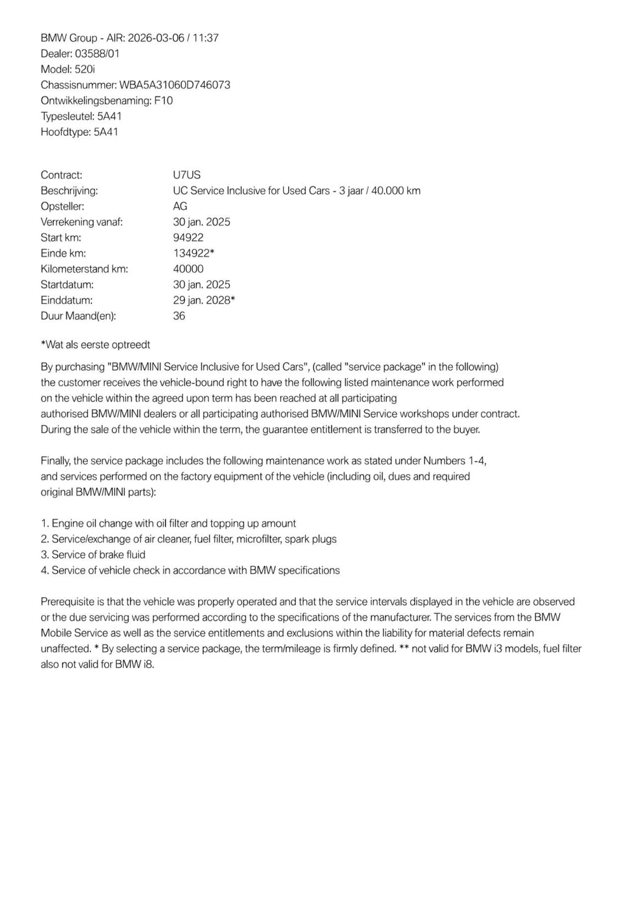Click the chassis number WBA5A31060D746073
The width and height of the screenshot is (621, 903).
point(175,85)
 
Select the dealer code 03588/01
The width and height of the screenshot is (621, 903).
point(97,53)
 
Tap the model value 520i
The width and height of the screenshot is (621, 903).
point(85,69)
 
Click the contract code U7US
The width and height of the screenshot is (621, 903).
point(187,175)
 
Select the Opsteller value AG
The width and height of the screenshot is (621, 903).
point(180,206)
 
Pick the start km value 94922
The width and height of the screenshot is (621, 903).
point(189,238)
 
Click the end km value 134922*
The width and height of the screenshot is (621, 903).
point(194,254)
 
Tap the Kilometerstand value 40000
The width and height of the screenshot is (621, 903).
point(189,269)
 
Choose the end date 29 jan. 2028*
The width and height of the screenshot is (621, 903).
point(204,300)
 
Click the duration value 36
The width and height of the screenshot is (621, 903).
point(180,316)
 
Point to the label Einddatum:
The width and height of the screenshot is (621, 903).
point(67,300)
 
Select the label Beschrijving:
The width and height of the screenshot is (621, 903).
point(69,191)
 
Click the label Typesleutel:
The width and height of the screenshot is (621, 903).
point(68,117)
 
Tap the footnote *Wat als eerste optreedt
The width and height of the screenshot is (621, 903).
point(95,345)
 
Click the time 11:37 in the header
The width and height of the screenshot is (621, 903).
point(206,38)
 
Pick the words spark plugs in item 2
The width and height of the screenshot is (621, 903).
point(310,539)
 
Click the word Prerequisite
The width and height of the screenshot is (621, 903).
point(68,602)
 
